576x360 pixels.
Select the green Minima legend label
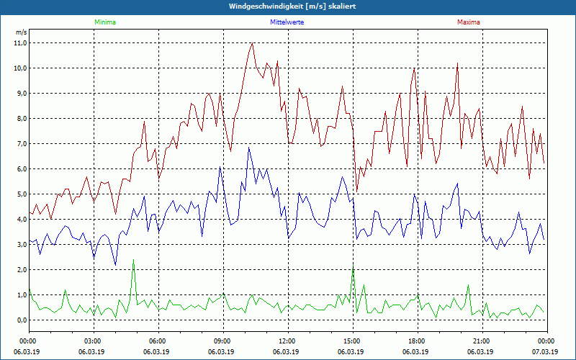pyautogui.click(x=104, y=22)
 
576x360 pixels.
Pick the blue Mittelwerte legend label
pyautogui.click(x=287, y=22)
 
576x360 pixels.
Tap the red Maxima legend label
pyautogui.click(x=468, y=22)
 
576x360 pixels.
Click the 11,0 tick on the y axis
pyautogui.click(x=19, y=42)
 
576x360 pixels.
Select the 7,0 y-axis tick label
pyautogui.click(x=19, y=143)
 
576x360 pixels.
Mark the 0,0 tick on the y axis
pyautogui.click(x=19, y=320)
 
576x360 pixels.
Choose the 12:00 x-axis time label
pyautogui.click(x=287, y=341)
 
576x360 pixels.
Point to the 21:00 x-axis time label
pyautogui.click(x=482, y=341)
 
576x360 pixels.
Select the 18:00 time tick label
pyautogui.click(x=417, y=341)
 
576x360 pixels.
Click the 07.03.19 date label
pyautogui.click(x=546, y=351)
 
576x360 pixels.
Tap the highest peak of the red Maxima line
pyautogui.click(x=252, y=43)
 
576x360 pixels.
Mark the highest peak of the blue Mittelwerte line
pyautogui.click(x=249, y=148)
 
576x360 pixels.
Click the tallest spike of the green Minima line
pyautogui.click(x=133, y=260)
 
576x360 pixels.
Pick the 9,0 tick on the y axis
pyautogui.click(x=19, y=93)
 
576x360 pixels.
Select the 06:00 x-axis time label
pyautogui.click(x=158, y=341)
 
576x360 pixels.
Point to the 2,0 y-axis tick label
pyautogui.click(x=19, y=269)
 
